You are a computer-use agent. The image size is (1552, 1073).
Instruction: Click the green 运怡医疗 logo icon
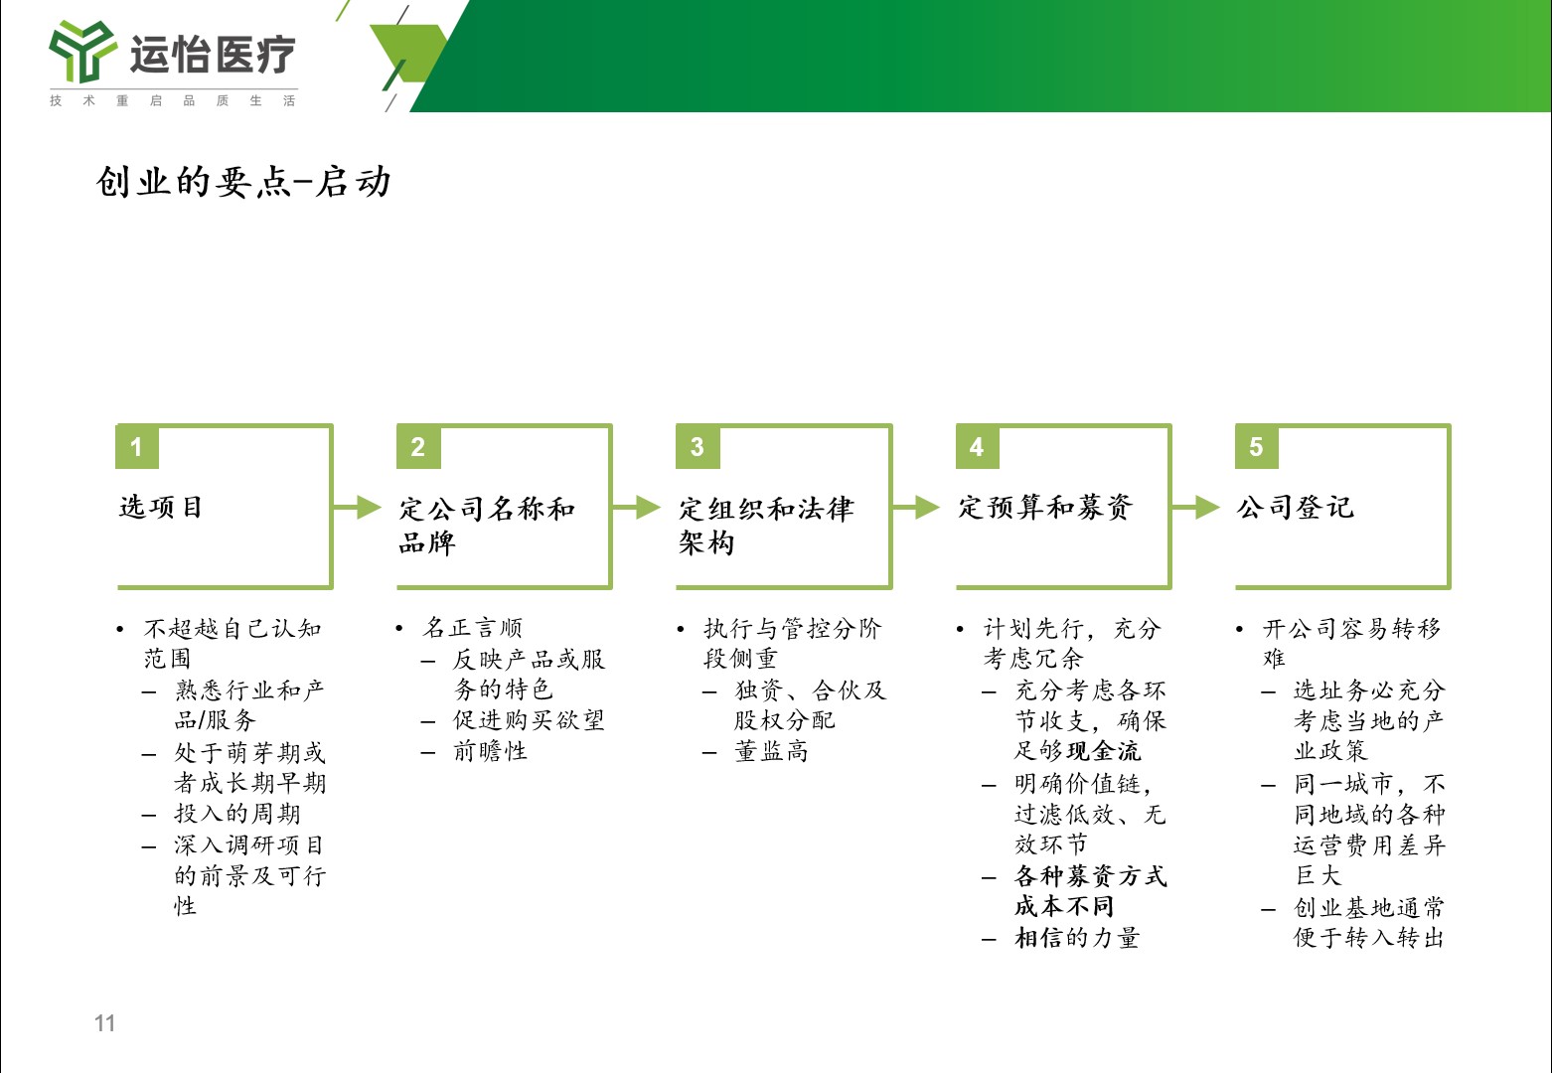82,52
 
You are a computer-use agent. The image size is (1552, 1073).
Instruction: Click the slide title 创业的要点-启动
243,182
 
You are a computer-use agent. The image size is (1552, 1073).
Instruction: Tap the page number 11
104,1023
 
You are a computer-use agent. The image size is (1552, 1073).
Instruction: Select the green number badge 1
137,447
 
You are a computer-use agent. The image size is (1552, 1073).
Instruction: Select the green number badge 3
698,447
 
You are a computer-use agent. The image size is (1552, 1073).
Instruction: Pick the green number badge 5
1256,447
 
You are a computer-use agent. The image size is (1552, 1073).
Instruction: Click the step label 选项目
161,507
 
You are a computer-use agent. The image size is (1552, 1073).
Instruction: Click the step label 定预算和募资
1045,507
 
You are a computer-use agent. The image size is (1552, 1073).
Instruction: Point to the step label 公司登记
1296,507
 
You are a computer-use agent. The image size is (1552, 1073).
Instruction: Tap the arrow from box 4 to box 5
1196,507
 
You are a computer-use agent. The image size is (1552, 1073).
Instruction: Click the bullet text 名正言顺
473,628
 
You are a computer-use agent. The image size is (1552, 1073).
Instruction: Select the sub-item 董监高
772,751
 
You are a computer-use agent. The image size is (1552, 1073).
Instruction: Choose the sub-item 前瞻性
491,751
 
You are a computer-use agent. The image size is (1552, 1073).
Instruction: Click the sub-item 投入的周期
237,814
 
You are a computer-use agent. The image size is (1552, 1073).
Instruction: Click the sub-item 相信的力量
1077,939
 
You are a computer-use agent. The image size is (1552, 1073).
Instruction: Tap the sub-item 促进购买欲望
529,720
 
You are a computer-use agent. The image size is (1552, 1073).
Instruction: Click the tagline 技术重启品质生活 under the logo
173,101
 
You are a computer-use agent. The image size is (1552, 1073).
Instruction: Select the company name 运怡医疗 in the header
213,54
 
